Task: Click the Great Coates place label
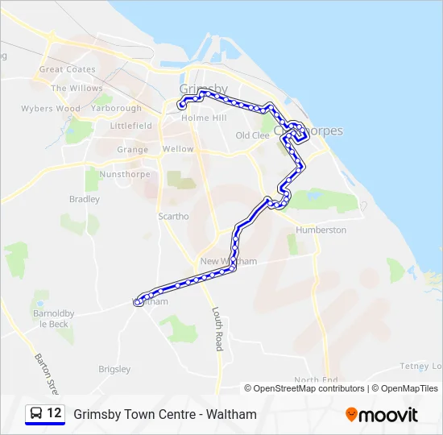click(x=67, y=69)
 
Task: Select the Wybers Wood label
click(x=50, y=109)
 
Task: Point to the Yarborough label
click(x=116, y=109)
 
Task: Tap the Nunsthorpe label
click(x=125, y=175)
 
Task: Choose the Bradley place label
click(x=85, y=199)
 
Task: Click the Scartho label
click(x=173, y=217)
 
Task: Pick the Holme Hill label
click(x=204, y=118)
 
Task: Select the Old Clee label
click(x=252, y=136)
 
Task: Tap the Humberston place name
click(x=321, y=230)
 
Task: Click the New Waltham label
click(x=228, y=262)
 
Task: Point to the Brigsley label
click(x=114, y=370)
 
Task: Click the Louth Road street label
click(x=217, y=328)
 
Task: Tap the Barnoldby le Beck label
click(x=53, y=318)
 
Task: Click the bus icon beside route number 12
click(x=36, y=413)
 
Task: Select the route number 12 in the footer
click(x=55, y=413)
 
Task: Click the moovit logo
click(x=382, y=414)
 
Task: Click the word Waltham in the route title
click(x=232, y=414)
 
